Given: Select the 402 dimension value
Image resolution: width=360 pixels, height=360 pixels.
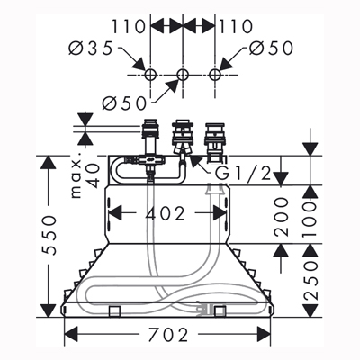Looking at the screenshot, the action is [166, 214].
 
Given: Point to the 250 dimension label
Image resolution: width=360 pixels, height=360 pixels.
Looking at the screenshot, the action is [310, 281].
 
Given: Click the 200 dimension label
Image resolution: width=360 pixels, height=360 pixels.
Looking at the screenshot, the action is [281, 216].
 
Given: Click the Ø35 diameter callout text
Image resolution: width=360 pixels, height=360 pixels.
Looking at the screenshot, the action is [91, 49].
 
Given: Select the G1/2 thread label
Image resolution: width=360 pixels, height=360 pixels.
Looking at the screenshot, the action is [244, 173].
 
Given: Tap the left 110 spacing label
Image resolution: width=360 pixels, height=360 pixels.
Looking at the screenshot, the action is [129, 26].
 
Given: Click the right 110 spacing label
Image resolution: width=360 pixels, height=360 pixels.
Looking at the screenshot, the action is [236, 26].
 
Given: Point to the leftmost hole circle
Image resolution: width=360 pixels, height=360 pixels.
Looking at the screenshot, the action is [150, 75].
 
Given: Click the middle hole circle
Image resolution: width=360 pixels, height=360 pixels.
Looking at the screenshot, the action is [183, 75].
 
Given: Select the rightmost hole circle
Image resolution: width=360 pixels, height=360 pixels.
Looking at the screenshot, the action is [214, 75].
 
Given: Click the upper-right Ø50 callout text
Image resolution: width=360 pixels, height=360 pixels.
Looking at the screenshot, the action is [271, 49].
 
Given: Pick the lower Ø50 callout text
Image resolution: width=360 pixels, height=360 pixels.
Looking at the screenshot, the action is [124, 103].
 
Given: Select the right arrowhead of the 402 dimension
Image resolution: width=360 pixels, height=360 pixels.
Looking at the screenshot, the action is [220, 213].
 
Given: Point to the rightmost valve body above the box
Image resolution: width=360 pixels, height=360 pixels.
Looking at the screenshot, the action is [214, 139].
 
